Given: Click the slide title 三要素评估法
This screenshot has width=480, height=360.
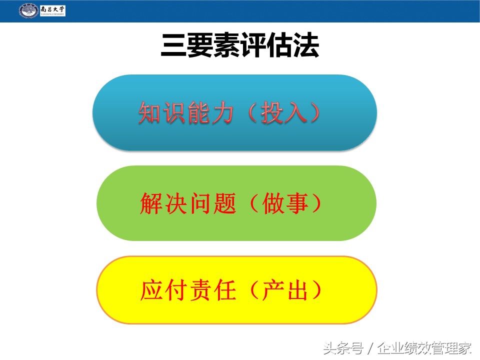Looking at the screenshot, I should click(240, 46).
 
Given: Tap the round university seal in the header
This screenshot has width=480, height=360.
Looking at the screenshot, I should click(28, 10).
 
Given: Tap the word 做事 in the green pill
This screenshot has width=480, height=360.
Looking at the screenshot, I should click(285, 203).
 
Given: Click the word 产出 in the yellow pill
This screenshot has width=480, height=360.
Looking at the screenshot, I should click(285, 290).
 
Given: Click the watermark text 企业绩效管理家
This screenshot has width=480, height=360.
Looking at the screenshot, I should click(425, 347).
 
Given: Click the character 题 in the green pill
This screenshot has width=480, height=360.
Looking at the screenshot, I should click(223, 203).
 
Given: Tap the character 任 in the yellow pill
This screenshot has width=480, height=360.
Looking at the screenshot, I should click(223, 290).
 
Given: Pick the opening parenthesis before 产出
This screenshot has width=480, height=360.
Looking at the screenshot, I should click(254, 290).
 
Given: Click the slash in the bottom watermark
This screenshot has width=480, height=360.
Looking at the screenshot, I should click(370, 347).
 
